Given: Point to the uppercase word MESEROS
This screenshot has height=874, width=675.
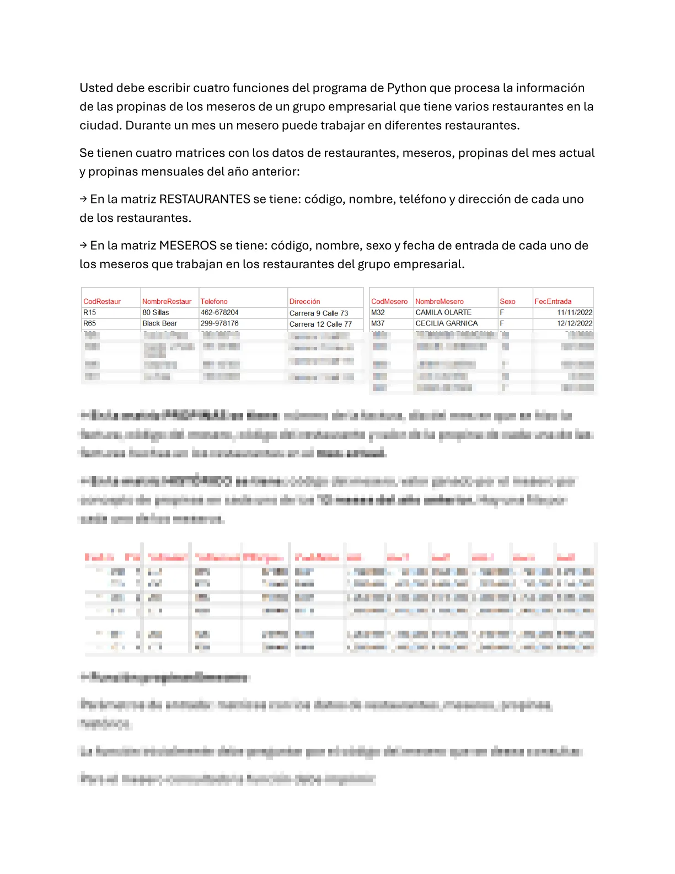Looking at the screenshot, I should tap(187, 246).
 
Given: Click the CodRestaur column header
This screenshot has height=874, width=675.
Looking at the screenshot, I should tap(102, 302).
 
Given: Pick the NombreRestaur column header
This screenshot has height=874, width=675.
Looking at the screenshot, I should tap(167, 302).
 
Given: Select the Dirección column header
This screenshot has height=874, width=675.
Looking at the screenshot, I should tap(304, 302).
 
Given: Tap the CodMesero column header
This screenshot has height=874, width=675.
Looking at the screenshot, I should tap(389, 302).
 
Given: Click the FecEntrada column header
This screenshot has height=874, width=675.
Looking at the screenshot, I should tap(553, 302).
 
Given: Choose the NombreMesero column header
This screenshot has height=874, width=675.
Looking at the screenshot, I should tap(440, 302).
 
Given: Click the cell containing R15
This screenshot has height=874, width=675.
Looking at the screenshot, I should tap(89, 313).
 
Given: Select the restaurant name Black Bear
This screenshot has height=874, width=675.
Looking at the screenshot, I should tap(160, 324).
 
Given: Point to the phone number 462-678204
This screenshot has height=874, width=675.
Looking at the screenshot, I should tap(219, 313).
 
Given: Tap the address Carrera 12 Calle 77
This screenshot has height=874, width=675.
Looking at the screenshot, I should tap(320, 324).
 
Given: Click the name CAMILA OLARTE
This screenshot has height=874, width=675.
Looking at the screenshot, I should tap(443, 313).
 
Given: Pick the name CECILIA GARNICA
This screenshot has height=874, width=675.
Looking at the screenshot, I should tap(447, 324).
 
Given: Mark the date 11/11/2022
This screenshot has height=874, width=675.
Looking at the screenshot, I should tap(575, 313).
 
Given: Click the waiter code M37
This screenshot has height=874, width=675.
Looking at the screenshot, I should tap(378, 324).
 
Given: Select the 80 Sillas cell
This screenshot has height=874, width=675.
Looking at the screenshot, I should tap(156, 313).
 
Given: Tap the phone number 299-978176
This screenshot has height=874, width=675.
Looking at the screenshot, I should tap(219, 324).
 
